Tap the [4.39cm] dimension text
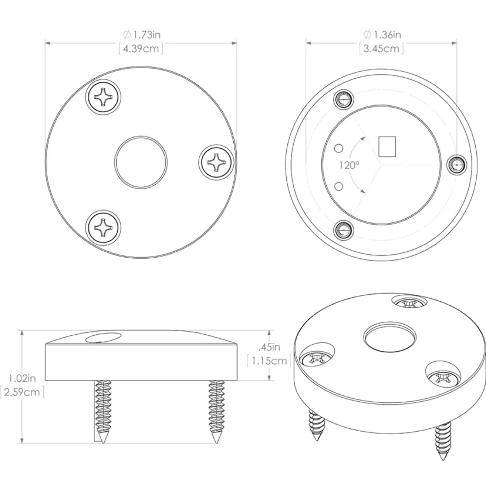(141, 49)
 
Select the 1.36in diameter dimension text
(382, 35)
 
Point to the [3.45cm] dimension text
(382, 49)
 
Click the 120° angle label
(349, 166)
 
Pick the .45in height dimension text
(269, 347)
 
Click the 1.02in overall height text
(22, 378)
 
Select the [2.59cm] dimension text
(22, 392)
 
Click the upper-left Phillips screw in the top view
(104, 97)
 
